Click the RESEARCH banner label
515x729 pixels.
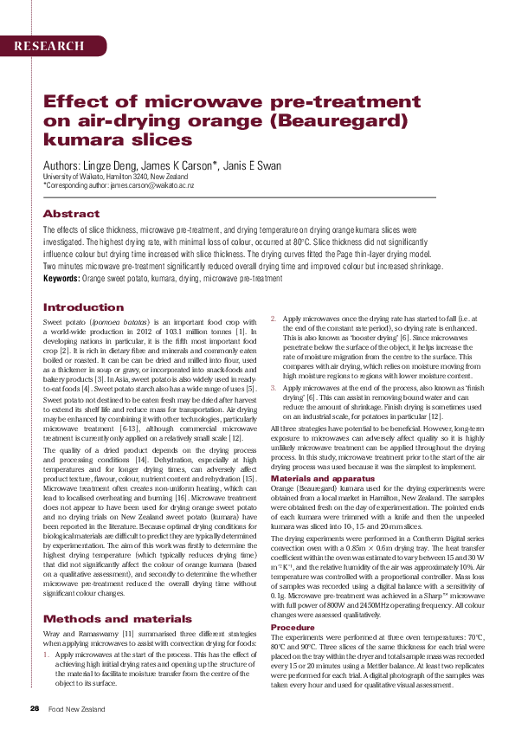point(48,45)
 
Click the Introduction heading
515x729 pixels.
point(84,307)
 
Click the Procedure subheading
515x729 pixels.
point(293,627)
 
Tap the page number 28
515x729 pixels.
point(35,708)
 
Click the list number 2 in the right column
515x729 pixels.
point(274,319)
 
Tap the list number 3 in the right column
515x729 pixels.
point(274,390)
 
